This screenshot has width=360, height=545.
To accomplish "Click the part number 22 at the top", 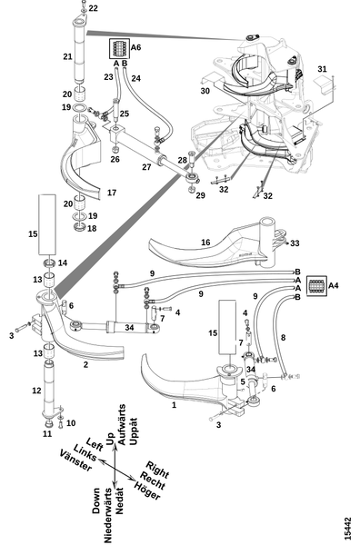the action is coord(94,8).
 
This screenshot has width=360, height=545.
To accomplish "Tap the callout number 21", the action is coord(68,56).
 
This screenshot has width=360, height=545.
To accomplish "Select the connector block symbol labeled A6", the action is coord(120,49).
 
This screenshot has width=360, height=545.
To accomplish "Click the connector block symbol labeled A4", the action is coord(317,286).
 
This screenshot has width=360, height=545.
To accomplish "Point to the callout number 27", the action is coord(146,167).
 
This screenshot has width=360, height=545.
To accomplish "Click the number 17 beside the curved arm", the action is coord(112,193).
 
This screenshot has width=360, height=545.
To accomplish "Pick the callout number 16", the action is coord(205,243).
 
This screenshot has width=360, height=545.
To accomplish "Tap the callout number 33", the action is coord(295,243).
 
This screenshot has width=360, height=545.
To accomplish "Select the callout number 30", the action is coord(205,91).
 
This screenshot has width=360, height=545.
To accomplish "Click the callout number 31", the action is coord(323,69).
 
